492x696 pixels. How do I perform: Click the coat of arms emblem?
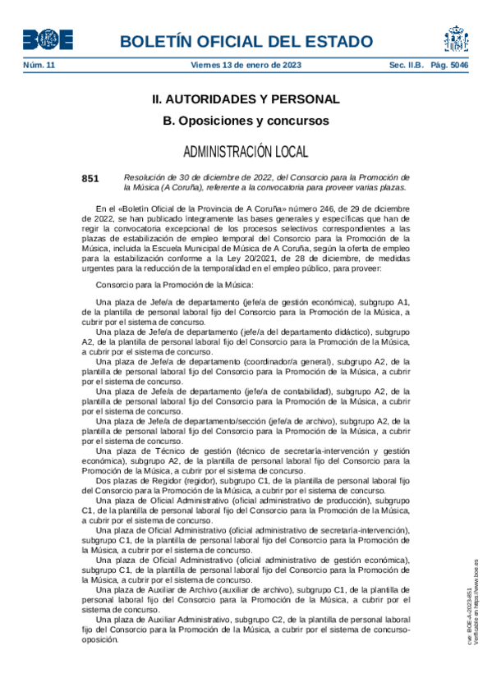[x=457, y=39]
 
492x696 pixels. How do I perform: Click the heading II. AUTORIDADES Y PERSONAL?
[x=246, y=99]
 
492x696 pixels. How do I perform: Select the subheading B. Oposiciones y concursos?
[x=246, y=121]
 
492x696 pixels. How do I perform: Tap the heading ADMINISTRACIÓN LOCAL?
[x=246, y=152]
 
